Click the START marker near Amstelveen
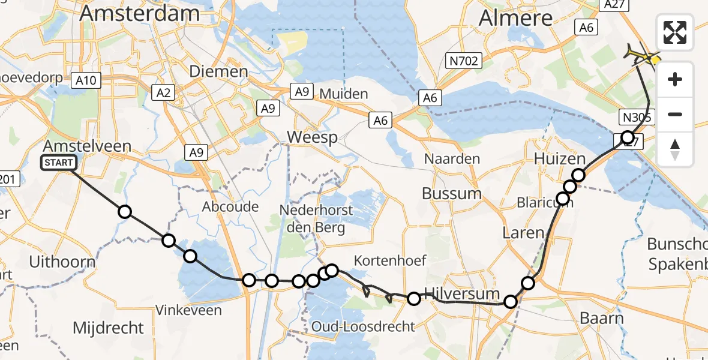pos(59,163)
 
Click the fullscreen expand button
pos(675,32)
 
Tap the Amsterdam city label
pos(140,13)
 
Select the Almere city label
pos(515,18)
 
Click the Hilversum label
pos(461,294)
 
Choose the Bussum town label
pos(451,194)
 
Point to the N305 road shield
pos(636,117)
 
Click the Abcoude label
pos(230,207)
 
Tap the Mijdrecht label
pos(108,328)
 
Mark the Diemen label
pos(218,72)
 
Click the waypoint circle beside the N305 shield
pos(627,137)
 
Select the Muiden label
pos(343,94)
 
